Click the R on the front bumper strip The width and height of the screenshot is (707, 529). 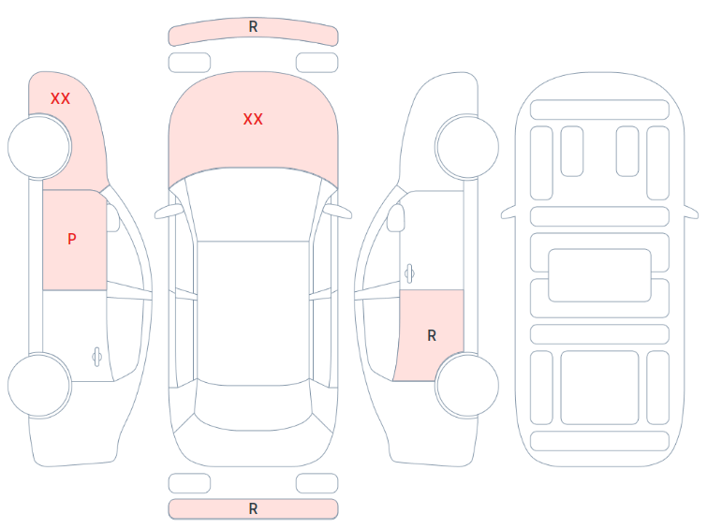click(253, 26)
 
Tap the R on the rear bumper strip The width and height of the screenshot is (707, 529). click(253, 508)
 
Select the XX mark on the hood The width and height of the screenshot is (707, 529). click(253, 119)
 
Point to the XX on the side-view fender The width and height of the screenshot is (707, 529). click(60, 98)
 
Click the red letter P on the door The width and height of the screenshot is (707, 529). click(72, 239)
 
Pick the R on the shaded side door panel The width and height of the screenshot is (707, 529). click(432, 335)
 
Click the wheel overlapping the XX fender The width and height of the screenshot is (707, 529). click(39, 146)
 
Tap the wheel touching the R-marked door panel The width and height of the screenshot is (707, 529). click(467, 385)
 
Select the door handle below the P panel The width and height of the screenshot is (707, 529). click(96, 357)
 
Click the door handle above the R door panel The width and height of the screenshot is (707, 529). click(409, 273)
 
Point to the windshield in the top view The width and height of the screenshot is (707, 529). click(253, 205)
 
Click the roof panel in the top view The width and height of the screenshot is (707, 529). click(253, 311)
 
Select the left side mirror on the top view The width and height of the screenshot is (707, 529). click(168, 212)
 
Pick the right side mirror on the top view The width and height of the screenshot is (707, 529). click(338, 212)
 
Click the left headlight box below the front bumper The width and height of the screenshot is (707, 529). click(189, 62)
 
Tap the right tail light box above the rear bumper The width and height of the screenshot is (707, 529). click(317, 483)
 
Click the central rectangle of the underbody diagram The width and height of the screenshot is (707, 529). click(599, 275)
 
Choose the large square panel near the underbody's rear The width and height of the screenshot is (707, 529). click(599, 388)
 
